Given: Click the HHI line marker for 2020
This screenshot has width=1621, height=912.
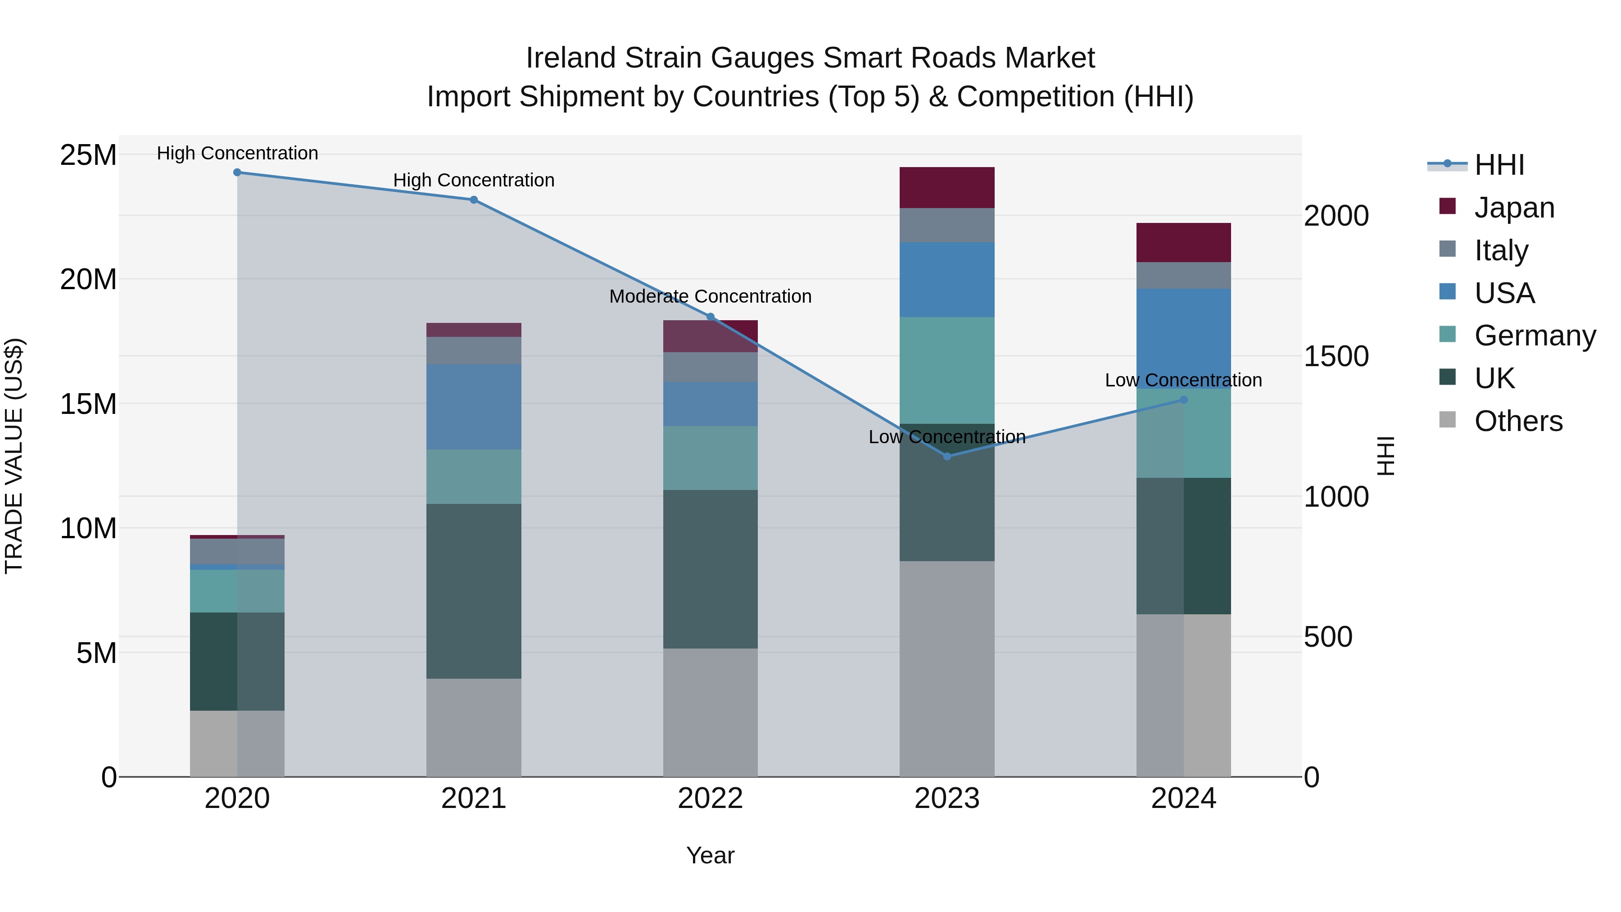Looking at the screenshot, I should point(237,172).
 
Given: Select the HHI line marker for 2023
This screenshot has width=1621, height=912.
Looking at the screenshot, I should point(947,456).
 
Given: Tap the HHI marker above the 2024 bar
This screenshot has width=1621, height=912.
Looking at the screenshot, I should point(1184,399).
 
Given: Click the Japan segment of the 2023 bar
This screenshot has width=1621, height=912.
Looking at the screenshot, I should point(947,187).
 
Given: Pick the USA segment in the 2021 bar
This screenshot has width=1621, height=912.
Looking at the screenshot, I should point(474,407).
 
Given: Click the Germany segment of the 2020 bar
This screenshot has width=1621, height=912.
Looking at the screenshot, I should point(237,591).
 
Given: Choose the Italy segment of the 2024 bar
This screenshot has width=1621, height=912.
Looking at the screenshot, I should point(1184,276).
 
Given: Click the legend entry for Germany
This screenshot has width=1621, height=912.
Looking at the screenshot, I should point(1535,336).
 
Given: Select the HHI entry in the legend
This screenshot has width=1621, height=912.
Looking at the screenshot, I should point(1499,165).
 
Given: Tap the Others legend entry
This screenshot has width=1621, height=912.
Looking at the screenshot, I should point(1518,421).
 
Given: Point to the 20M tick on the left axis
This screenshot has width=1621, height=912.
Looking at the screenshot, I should point(88,279).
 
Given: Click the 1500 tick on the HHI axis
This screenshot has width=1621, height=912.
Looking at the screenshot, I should point(1336,356).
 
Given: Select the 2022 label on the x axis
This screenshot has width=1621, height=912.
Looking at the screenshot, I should point(711,799).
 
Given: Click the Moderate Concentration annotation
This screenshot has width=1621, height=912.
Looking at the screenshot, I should point(711,296).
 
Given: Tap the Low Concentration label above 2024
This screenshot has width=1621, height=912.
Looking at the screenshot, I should point(1184,380).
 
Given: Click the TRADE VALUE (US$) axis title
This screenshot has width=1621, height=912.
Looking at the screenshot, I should point(14,456).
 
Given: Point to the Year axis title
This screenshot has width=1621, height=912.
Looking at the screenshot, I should point(711,855).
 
